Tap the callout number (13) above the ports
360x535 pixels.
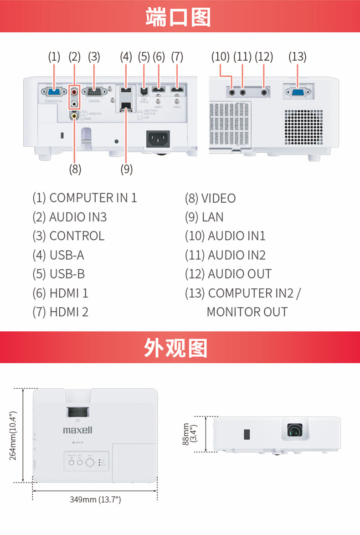point(297,57)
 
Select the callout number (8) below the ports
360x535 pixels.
point(75,169)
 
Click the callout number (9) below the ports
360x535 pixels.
point(126,169)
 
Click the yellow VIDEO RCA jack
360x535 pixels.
point(74,116)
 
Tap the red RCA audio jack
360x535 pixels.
point(74,92)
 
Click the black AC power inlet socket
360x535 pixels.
point(158,139)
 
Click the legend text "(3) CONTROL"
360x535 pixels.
point(68,236)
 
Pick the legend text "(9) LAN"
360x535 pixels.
point(204,217)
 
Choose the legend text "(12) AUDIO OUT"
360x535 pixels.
point(228,274)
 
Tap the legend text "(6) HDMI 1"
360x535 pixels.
point(60,293)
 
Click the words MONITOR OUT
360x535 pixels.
point(247,312)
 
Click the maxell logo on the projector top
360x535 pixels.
point(77,430)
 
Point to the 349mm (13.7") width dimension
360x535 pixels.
point(95,499)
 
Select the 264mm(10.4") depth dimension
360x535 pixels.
point(14,436)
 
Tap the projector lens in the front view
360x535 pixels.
point(294,430)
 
